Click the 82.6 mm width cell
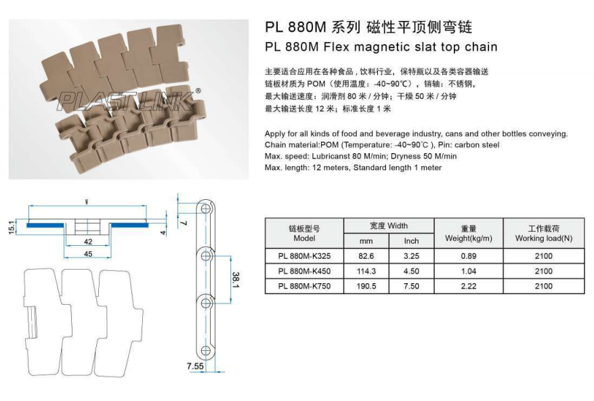pyautogui.click(x=366, y=256)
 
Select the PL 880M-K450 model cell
pyautogui.click(x=304, y=271)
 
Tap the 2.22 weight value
pyautogui.click(x=468, y=286)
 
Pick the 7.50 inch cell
pyautogui.click(x=411, y=286)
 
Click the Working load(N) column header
pyautogui.click(x=543, y=234)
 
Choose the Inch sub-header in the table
pyautogui.click(x=411, y=241)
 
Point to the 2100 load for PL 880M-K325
pyautogui.click(x=543, y=256)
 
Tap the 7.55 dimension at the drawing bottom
pyautogui.click(x=195, y=366)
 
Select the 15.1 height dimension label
pyautogui.click(x=12, y=226)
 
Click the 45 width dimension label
pyautogui.click(x=88, y=254)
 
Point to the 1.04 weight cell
pyautogui.click(x=468, y=271)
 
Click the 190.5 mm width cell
pyautogui.click(x=366, y=286)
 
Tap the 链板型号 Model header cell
pyautogui.click(x=304, y=234)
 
